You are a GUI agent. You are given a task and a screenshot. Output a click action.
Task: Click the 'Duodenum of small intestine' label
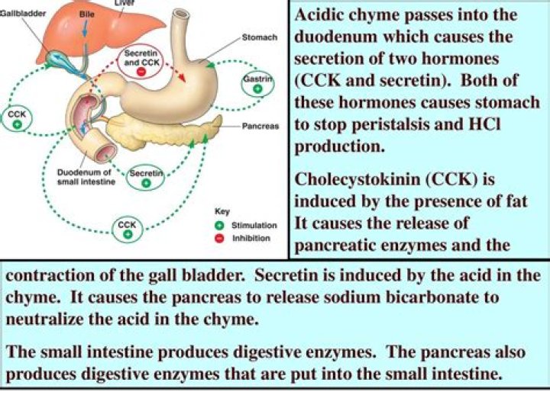coord(85,177)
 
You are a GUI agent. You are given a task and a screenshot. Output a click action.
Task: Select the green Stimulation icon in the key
coord(218,226)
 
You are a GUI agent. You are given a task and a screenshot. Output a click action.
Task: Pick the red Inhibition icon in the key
coord(218,238)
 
